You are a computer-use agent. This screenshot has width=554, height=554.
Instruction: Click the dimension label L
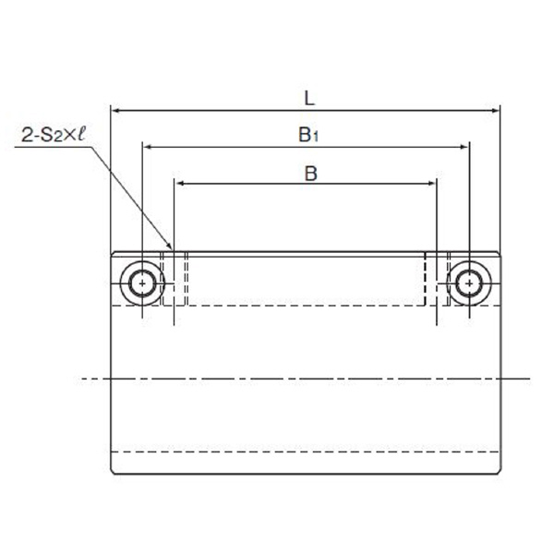tap(309, 99)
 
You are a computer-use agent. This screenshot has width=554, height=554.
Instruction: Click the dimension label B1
tap(308, 135)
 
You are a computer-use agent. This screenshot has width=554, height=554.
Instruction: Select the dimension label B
tap(311, 174)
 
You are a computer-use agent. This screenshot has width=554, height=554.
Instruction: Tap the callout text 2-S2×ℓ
tap(54, 135)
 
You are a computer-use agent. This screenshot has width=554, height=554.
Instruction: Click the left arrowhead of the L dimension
tap(116, 111)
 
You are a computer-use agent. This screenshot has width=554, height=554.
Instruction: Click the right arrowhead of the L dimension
tap(495, 111)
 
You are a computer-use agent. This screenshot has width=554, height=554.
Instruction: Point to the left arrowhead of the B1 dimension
tap(147, 147)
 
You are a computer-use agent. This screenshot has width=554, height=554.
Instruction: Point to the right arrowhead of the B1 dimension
tap(464, 147)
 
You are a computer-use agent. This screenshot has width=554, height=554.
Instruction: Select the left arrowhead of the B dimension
tap(179, 184)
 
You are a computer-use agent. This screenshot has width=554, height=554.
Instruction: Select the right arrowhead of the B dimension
tap(432, 184)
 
